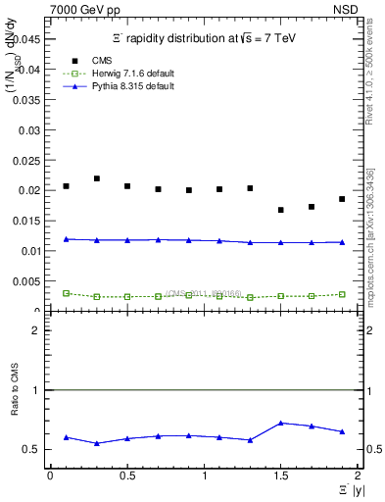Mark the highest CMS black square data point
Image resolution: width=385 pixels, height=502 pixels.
(97, 178)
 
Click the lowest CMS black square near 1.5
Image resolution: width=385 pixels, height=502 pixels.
(280, 210)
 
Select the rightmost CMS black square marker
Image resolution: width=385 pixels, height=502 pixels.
(342, 199)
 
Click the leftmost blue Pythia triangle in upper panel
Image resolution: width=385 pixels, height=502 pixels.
(66, 239)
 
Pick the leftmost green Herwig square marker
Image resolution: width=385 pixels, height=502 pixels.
(66, 293)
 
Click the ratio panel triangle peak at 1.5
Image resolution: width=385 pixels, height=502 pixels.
(280, 423)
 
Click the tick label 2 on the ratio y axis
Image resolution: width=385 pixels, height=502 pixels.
(34, 330)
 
